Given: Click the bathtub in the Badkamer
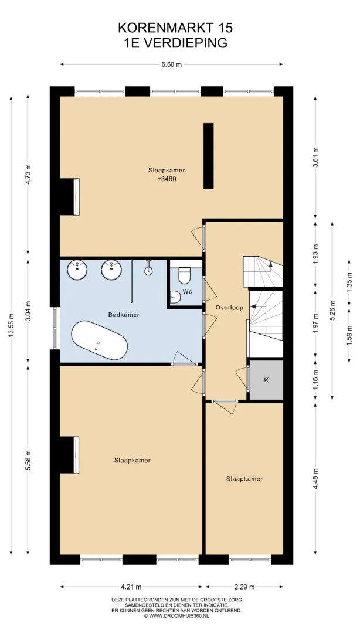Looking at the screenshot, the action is (x=99, y=341).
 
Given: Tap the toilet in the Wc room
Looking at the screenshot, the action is (x=185, y=275).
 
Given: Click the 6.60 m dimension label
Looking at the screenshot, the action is (x=171, y=64).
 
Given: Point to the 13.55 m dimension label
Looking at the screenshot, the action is (x=11, y=325).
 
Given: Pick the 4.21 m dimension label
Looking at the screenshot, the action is (x=131, y=587).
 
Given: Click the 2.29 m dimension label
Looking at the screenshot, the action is (x=244, y=587).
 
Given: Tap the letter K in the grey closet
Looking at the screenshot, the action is (x=266, y=380).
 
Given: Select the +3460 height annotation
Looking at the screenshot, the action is (x=167, y=178).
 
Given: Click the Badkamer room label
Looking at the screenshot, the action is (x=124, y=315).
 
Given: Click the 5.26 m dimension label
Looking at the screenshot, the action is (x=332, y=311).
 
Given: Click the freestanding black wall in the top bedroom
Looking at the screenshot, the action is (x=209, y=156).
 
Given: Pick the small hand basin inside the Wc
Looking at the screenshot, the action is (x=175, y=297).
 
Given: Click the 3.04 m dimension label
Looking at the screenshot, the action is (x=28, y=312).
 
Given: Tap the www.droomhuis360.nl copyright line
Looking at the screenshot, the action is (x=176, y=616).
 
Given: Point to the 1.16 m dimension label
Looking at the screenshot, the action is (x=315, y=380).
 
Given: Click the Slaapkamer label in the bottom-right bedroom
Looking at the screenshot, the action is (x=244, y=479).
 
